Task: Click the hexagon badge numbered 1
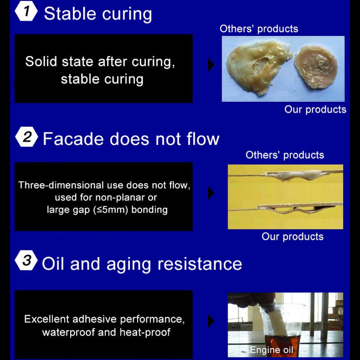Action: [26, 11]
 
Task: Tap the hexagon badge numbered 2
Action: [27, 137]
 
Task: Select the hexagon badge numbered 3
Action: [27, 261]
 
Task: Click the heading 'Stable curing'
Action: [98, 14]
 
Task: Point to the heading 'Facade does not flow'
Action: [131, 139]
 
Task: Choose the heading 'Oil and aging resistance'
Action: [142, 264]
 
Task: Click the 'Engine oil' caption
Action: [271, 350]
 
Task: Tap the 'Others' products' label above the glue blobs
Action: [259, 29]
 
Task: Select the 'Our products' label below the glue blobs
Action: [315, 109]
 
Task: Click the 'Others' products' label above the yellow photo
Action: [285, 155]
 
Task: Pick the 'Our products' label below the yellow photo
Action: [292, 237]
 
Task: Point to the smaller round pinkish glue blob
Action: [316, 67]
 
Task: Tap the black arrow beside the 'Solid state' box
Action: [211, 65]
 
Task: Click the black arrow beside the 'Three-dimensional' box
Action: [211, 193]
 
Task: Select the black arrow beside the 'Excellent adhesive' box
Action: [211, 321]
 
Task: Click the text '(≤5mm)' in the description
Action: [111, 210]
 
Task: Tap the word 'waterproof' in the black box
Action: [69, 333]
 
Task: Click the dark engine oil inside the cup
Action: [283, 342]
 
